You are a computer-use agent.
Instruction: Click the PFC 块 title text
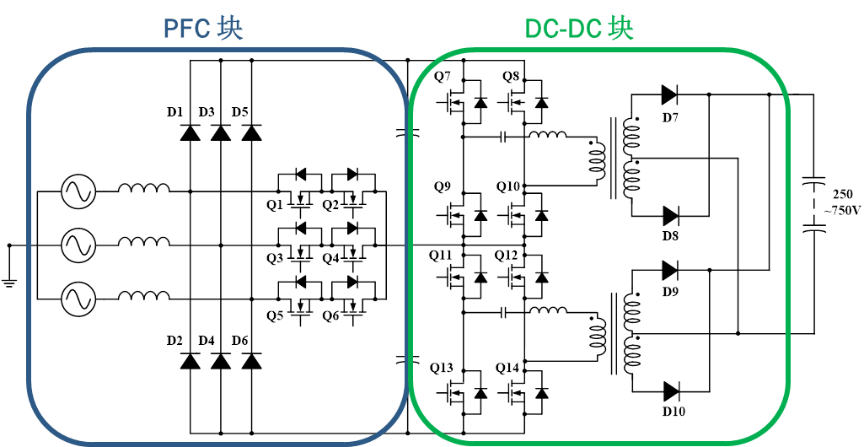[x=203, y=28]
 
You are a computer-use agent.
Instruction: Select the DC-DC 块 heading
[x=579, y=28]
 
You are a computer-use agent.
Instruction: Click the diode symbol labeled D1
[x=191, y=132]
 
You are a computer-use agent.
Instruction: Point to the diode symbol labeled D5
[x=252, y=132]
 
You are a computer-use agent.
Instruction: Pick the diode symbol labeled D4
[x=221, y=361]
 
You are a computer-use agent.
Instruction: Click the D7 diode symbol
[x=669, y=94]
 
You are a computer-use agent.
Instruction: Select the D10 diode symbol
[x=671, y=391]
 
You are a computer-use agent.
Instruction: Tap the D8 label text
[x=671, y=236]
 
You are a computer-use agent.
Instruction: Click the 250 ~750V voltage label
[x=841, y=202]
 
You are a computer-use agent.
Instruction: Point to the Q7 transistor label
[x=443, y=77]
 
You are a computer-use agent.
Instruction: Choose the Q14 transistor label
[x=507, y=368]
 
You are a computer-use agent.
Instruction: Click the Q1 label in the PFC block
[x=275, y=205]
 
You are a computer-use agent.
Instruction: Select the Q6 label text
[x=330, y=316]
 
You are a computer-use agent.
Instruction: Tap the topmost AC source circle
[x=78, y=191]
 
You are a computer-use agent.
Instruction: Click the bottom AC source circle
[x=78, y=299]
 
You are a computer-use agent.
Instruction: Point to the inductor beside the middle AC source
[x=144, y=241]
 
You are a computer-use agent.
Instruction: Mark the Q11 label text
[x=441, y=256]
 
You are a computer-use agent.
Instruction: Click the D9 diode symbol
[x=669, y=270]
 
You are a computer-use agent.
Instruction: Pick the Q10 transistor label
[x=508, y=187]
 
